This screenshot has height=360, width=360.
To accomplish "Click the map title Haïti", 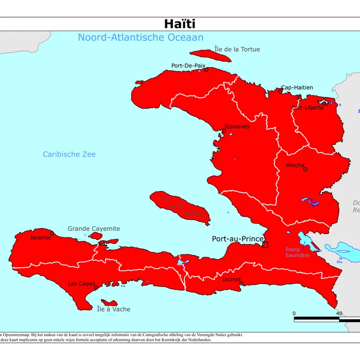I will pyautogui.click(x=179, y=24).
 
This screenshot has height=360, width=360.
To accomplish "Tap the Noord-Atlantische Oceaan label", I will pyautogui.click(x=140, y=37).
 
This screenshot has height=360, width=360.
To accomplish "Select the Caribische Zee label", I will pyautogui.click(x=69, y=154).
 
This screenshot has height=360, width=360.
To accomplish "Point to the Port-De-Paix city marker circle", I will pyautogui.click(x=207, y=70).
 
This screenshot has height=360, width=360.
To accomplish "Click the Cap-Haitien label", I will pyautogui.click(x=297, y=87).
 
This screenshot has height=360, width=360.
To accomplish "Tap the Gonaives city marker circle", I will pyautogui.click(x=224, y=131).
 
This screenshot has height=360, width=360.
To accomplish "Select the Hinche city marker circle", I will pyautogui.click(x=305, y=170).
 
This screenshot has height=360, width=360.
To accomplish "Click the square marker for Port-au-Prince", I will pyautogui.click(x=265, y=245).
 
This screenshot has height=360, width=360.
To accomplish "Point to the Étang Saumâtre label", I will pyautogui.click(x=297, y=252).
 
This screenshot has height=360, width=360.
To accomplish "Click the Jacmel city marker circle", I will pyautogui.click(x=241, y=284).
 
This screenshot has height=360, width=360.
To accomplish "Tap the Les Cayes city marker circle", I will pyautogui.click(x=96, y=288).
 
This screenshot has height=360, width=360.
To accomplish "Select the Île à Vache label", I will pyautogui.click(x=114, y=309).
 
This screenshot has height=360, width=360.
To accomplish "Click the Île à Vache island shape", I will pyautogui.click(x=109, y=302).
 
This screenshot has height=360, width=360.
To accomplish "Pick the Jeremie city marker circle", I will pyautogui.click(x=52, y=233).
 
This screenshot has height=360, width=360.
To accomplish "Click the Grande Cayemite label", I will pyautogui.click(x=94, y=229).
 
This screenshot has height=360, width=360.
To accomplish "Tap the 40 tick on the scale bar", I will pyautogui.click(x=339, y=313).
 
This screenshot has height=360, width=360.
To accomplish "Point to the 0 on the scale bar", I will pyautogui.click(x=294, y=313).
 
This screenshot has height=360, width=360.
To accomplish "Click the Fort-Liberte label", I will pyautogui.click(x=307, y=108).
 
